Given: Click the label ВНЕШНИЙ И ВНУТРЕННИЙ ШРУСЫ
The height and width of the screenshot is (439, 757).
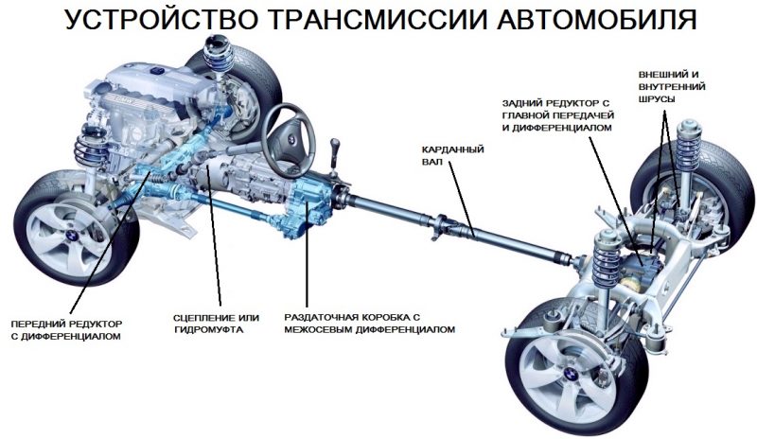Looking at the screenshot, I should click(675, 87).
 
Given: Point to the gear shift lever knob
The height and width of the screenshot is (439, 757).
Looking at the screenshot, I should click(333, 146).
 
